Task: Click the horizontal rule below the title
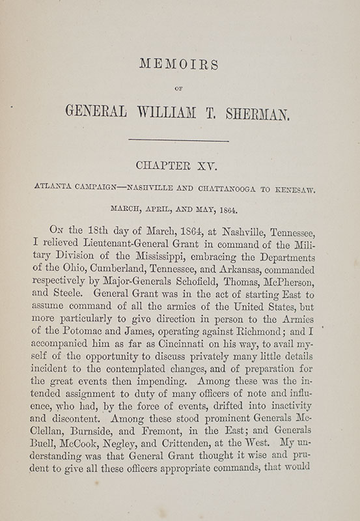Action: [179, 140]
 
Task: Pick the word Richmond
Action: [263, 345]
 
